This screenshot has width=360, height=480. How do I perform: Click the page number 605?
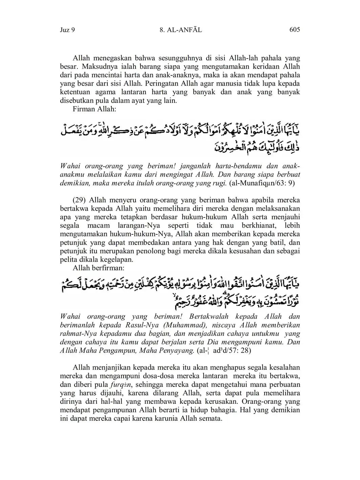(295, 29)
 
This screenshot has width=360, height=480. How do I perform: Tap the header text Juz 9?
(67, 30)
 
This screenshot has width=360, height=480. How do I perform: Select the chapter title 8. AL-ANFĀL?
(181, 30)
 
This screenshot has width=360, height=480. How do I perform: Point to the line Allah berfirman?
(99, 268)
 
